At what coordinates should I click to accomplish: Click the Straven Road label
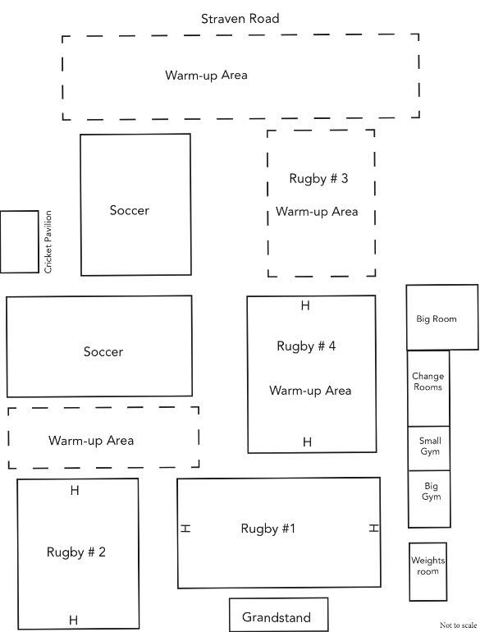click(240, 19)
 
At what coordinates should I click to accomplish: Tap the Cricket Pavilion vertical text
click(48, 242)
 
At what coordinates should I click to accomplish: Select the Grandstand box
click(278, 615)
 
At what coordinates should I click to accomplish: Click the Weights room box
click(428, 571)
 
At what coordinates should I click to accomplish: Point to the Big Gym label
click(431, 491)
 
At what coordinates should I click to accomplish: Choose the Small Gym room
click(429, 448)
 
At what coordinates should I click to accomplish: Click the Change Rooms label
click(428, 382)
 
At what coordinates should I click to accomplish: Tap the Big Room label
click(437, 318)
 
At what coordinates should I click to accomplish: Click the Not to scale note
click(458, 625)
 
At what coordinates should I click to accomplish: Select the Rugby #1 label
click(268, 529)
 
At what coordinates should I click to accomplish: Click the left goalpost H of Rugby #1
click(185, 528)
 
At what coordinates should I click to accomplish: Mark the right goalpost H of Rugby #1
click(374, 528)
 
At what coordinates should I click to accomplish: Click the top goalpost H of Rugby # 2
click(75, 491)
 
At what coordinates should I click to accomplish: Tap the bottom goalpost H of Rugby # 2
click(73, 620)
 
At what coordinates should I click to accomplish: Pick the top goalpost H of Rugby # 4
click(305, 305)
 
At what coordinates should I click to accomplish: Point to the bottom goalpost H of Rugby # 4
click(307, 442)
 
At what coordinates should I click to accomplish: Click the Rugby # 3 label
click(318, 179)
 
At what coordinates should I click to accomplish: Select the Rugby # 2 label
click(76, 552)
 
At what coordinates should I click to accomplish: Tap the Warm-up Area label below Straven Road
click(206, 76)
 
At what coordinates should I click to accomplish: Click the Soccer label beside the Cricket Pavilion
click(130, 210)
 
